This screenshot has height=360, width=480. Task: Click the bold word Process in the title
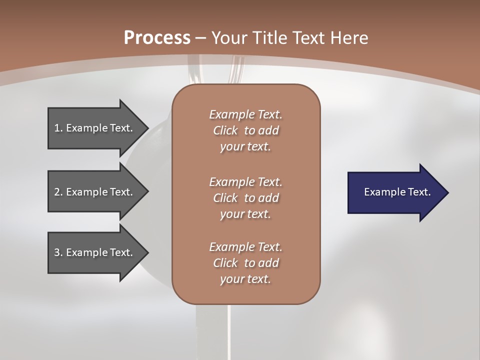click(157, 38)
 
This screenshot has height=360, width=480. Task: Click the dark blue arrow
click(395, 192)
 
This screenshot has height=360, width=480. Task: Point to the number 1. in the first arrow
click(58, 128)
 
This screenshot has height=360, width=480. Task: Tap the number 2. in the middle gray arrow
click(58, 192)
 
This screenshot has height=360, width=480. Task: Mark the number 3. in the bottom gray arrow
click(58, 252)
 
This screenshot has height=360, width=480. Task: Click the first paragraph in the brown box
click(245, 130)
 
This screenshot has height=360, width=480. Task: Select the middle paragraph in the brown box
click(245, 198)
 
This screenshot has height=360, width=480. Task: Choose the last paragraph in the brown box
click(245, 263)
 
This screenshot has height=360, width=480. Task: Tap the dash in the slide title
click(200, 38)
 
